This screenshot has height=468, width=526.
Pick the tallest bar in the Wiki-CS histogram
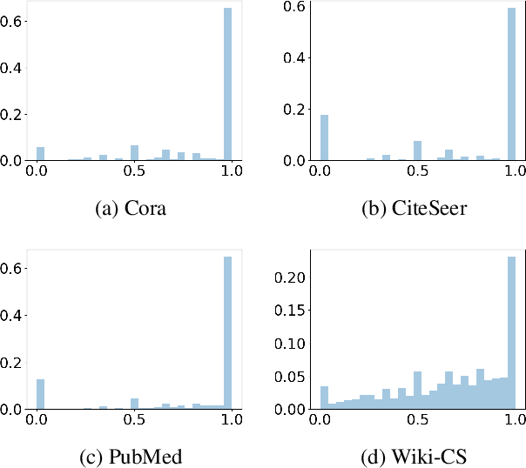click(x=512, y=333)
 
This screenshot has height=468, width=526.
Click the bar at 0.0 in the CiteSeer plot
click(x=324, y=138)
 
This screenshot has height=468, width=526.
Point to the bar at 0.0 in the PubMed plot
click(x=40, y=394)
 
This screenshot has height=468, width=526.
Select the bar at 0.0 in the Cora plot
click(x=40, y=155)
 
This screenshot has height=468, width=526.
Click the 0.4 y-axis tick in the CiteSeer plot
click(x=297, y=58)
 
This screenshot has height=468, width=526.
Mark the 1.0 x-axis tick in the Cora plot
click(x=228, y=172)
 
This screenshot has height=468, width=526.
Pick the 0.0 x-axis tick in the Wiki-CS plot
click(x=324, y=420)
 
